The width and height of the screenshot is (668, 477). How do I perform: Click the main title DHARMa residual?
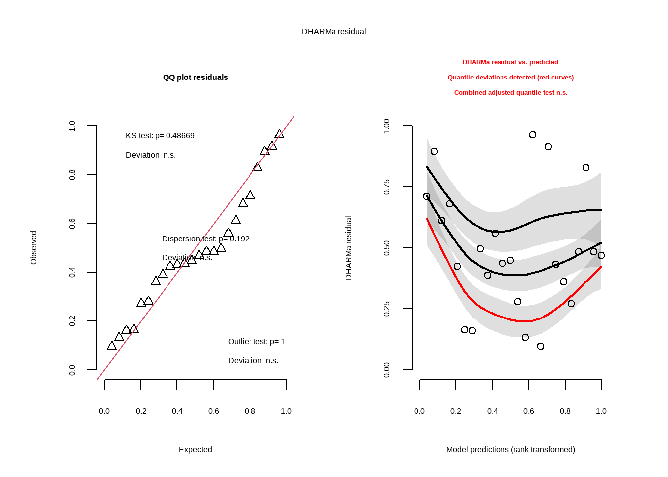(x=334, y=31)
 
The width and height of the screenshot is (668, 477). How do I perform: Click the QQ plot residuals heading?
(x=195, y=77)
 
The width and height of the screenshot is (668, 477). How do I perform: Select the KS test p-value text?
(x=160, y=135)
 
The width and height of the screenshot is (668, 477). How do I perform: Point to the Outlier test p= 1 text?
(x=256, y=341)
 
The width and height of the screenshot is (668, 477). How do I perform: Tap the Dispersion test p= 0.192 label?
(x=205, y=238)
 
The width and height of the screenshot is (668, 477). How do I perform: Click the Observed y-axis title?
(x=34, y=247)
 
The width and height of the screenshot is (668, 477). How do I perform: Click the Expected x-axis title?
(x=195, y=449)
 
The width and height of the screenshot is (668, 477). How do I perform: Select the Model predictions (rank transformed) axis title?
(x=510, y=449)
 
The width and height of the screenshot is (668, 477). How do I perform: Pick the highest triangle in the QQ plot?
(x=279, y=134)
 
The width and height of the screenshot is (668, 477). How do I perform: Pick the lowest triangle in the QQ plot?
(x=112, y=346)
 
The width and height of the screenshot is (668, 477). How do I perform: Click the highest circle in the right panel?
(x=533, y=135)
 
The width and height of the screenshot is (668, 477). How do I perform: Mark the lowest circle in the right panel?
(x=541, y=346)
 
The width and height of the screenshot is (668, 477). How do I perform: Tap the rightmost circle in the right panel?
(x=601, y=255)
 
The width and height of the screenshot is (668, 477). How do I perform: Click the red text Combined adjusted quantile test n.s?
(x=510, y=92)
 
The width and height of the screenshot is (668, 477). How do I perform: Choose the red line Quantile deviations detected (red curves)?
(x=510, y=77)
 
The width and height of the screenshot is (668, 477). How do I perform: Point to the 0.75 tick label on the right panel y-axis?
(x=387, y=187)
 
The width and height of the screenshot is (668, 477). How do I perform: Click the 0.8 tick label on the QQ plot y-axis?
(x=72, y=175)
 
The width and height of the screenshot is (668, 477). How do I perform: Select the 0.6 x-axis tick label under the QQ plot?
(x=214, y=411)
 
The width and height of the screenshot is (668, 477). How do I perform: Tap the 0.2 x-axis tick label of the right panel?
(x=456, y=411)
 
